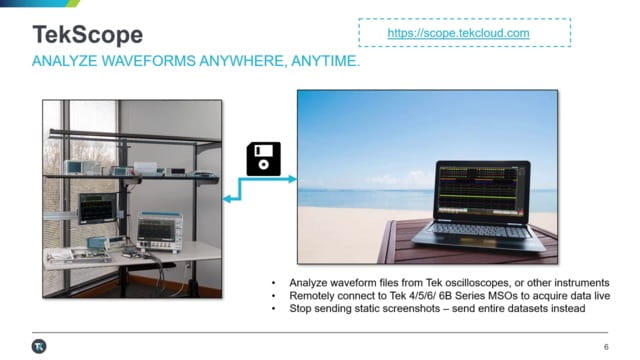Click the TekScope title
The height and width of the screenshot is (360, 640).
(75, 35)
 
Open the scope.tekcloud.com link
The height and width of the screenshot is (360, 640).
(458, 34)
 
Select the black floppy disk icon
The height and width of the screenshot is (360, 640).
(263, 159)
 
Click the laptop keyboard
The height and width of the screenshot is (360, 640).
(479, 233)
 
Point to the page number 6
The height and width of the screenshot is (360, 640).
(606, 347)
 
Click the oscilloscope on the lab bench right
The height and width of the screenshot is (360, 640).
(158, 231)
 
